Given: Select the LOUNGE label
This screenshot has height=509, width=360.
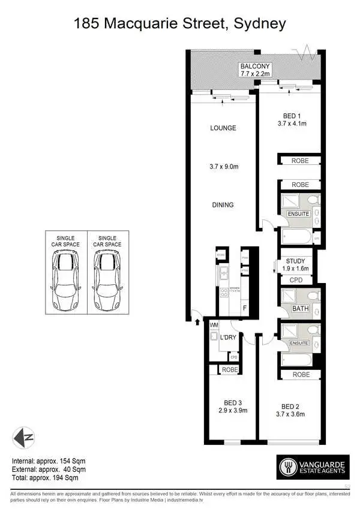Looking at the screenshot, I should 223,128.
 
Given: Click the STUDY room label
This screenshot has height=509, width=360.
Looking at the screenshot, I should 295,261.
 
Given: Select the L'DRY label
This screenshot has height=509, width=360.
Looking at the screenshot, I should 229,338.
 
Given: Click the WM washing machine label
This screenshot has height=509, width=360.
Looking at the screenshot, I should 213,326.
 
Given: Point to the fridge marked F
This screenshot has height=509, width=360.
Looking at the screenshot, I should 245,308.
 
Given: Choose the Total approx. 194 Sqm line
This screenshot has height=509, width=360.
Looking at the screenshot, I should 46,478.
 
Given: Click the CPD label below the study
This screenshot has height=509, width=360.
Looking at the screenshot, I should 296,279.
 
